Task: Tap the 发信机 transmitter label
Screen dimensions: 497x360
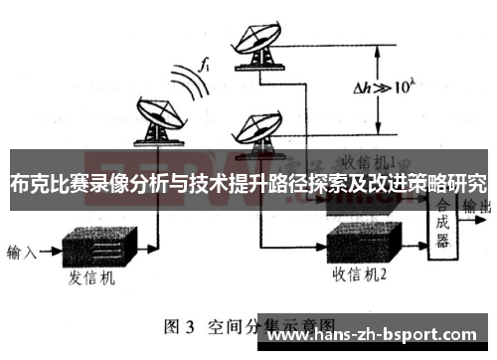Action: (x=90, y=278)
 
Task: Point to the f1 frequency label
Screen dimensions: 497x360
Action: (x=204, y=67)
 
